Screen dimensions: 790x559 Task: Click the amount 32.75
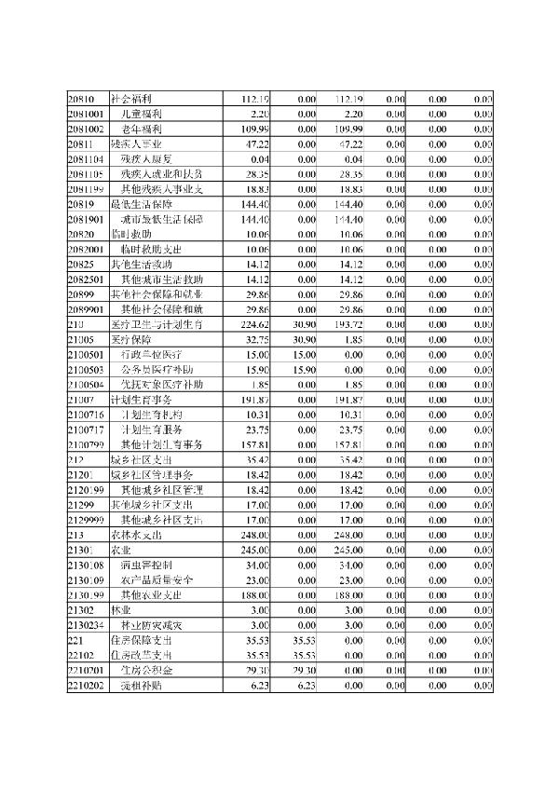pos(257,339)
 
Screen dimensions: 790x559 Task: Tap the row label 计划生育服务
pos(156,429)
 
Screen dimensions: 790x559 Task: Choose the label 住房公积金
pos(146,670)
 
